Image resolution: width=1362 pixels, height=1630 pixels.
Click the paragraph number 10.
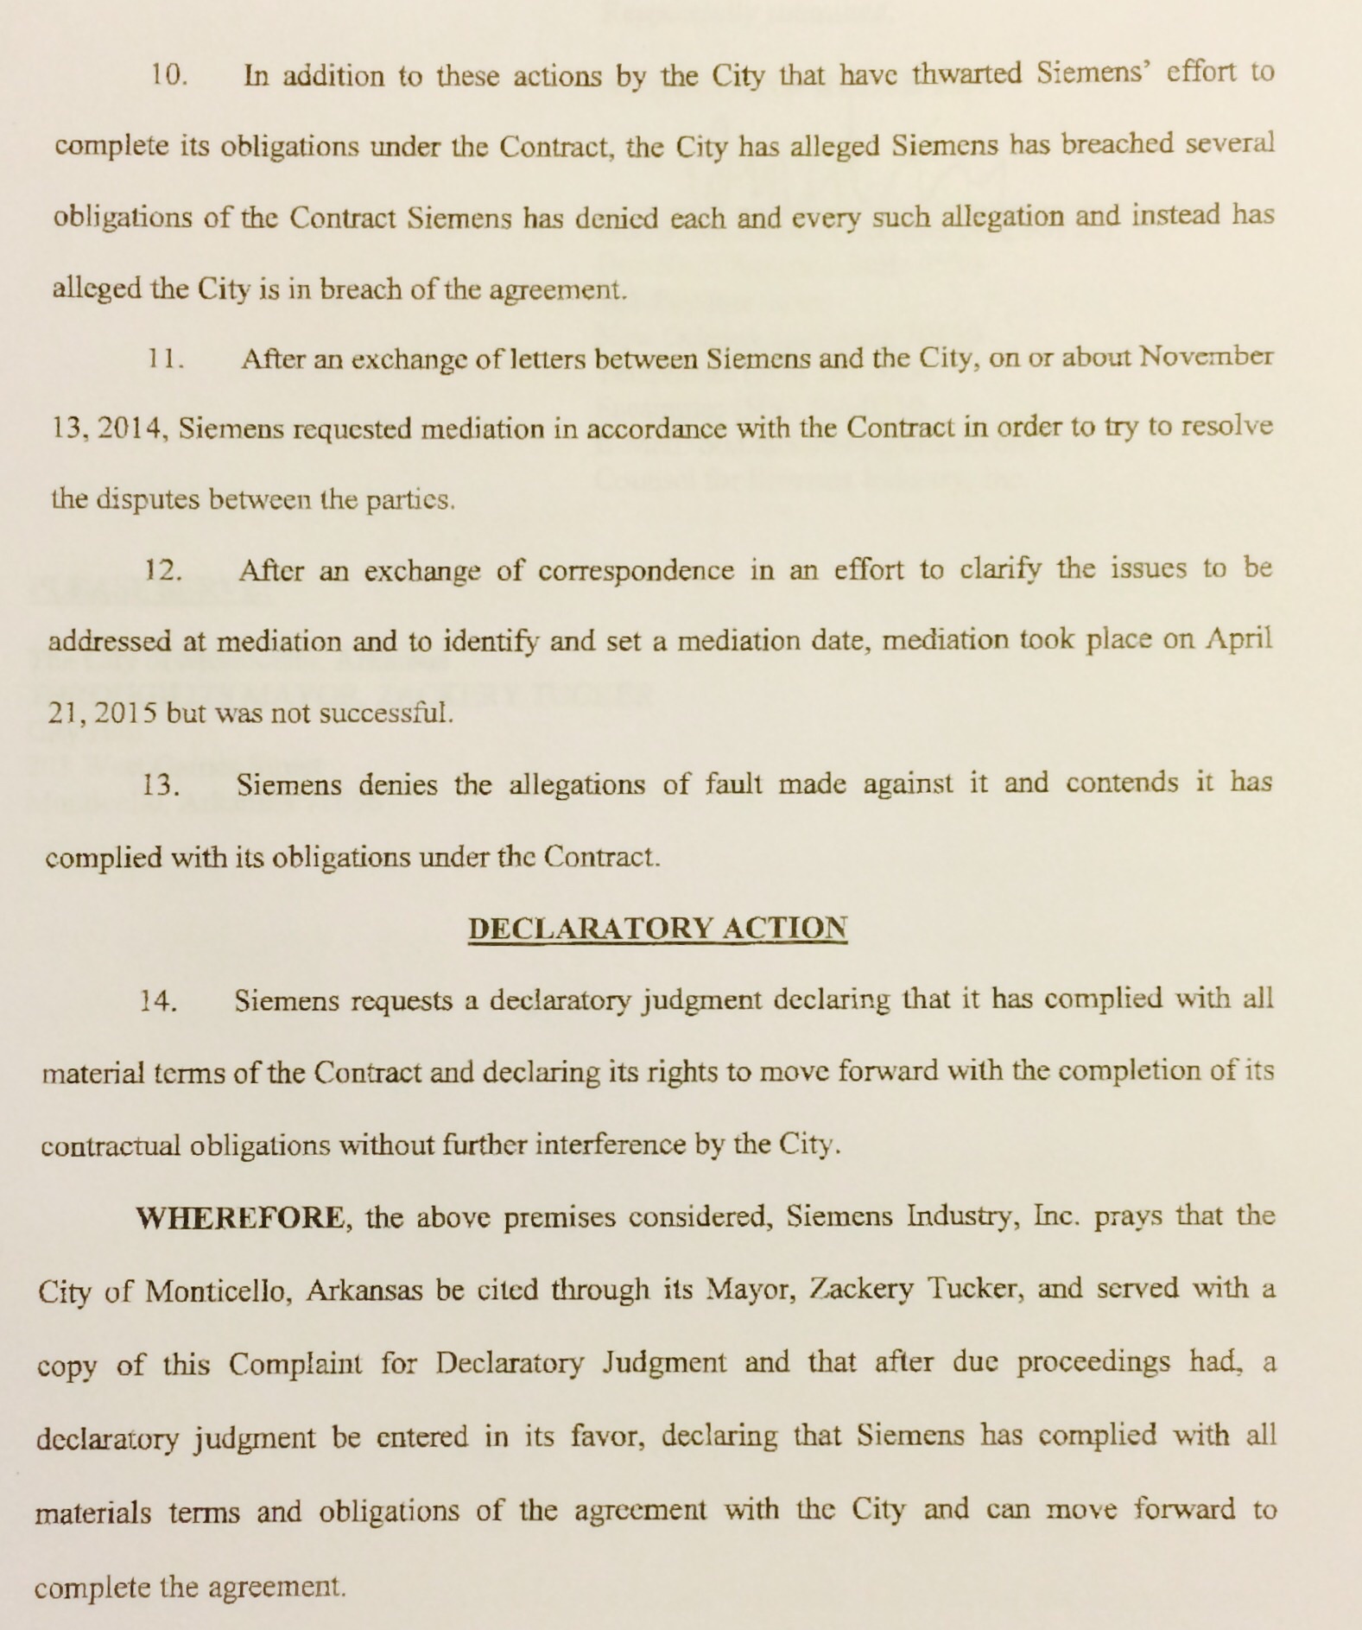pyautogui.click(x=168, y=76)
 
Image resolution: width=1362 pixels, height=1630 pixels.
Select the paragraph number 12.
pyautogui.click(x=162, y=571)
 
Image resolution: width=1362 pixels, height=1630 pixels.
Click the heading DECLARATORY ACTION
pyautogui.click(x=657, y=928)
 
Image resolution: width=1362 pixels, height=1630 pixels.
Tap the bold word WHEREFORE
pyautogui.click(x=240, y=1218)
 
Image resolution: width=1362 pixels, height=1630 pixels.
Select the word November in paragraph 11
pyautogui.click(x=1206, y=357)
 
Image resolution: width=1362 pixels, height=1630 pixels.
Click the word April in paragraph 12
pyautogui.click(x=1238, y=639)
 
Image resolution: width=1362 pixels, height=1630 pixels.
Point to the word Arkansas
pyautogui.click(x=365, y=1291)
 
